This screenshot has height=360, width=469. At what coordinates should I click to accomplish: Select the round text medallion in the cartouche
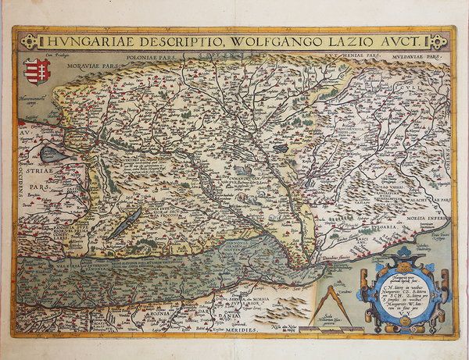click(399, 292)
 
